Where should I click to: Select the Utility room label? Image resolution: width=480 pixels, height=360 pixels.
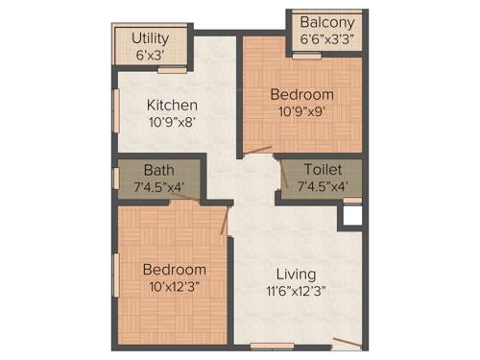coord(151,38)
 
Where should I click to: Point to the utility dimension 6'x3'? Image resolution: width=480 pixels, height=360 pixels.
coord(151,55)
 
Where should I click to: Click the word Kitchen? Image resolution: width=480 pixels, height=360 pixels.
coord(173,105)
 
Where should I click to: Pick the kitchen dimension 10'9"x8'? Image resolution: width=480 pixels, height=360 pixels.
coord(173,122)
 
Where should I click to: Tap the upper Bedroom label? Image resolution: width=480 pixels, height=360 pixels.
coord(302,95)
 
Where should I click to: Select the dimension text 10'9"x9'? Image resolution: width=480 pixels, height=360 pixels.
coord(302,112)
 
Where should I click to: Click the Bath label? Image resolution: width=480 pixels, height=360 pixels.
coord(159,170)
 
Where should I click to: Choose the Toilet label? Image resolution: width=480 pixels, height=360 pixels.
coord(322,168)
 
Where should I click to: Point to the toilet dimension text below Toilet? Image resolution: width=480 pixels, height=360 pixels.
coord(322,186)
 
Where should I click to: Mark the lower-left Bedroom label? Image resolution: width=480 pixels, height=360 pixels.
coord(174,270)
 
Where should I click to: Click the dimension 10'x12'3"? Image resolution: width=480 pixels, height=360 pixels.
coord(174,287)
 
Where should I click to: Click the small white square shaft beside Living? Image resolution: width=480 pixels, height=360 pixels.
coord(352,214)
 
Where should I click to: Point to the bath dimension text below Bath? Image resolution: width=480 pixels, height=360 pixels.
coord(159,187)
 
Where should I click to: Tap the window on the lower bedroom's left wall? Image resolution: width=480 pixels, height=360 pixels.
coord(116,274)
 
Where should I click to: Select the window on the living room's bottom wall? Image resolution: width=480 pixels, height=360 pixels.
coord(272,345)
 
